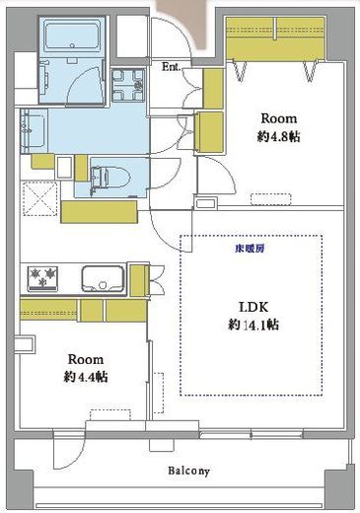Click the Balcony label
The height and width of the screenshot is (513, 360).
[x=188, y=471]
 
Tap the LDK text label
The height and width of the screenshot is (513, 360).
[x=253, y=307]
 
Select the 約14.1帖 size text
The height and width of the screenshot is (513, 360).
[x=253, y=325]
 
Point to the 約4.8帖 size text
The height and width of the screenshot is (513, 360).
[x=278, y=136]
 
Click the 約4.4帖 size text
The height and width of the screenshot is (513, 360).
[x=86, y=377]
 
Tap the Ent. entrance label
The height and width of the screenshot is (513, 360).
[x=172, y=67]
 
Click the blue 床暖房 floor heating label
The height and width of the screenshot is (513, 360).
[x=250, y=249]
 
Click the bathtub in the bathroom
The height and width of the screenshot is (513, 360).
[x=72, y=35]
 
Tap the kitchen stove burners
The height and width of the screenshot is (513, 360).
[x=42, y=278]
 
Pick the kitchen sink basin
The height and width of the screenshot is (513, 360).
[x=103, y=278]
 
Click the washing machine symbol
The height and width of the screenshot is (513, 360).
[x=127, y=86]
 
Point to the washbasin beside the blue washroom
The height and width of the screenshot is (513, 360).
[x=34, y=131]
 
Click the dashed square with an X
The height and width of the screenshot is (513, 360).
[x=39, y=198]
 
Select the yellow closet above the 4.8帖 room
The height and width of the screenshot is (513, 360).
[x=275, y=38]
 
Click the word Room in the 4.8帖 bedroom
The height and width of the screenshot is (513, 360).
[x=279, y=118]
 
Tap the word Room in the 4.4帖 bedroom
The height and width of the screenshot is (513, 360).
[x=86, y=359]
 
